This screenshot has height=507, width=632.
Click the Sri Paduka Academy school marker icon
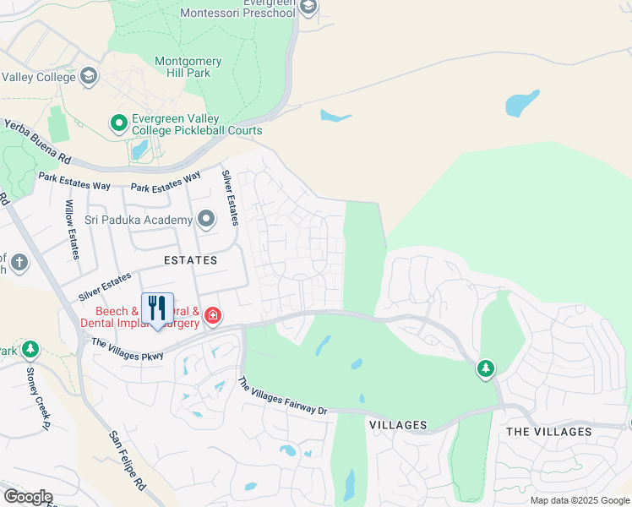click(x=206, y=221)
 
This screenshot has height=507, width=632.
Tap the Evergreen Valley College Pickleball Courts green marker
click(x=119, y=124)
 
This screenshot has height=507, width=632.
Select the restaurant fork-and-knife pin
click(x=157, y=309)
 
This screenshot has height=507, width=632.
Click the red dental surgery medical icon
click(x=212, y=316)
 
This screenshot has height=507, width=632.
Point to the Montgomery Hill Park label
click(x=188, y=67)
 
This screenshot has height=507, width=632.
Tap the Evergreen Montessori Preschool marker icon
click(x=308, y=8)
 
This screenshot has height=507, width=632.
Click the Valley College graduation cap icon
click(x=88, y=77)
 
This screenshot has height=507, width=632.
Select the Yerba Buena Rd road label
click(x=37, y=141)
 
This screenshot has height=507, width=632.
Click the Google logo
click(x=27, y=497)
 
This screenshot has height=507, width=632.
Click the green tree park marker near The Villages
click(x=485, y=369)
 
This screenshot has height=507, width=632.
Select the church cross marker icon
click(x=19, y=264)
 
